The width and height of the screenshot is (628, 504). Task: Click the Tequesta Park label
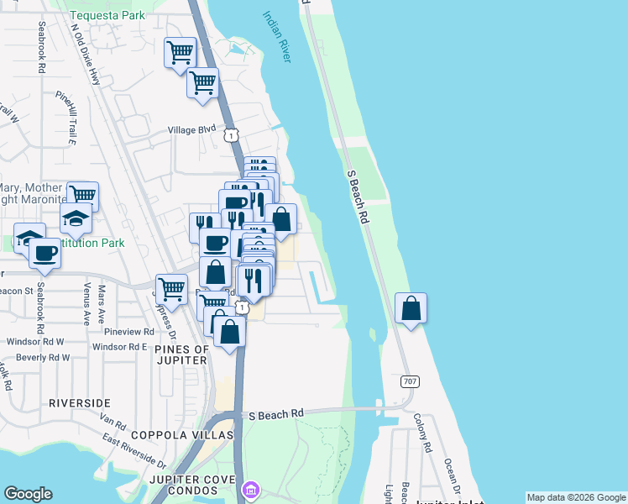coord(107,15)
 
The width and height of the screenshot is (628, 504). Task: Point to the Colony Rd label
coord(427,433)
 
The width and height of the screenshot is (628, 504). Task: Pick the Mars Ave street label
coord(102,300)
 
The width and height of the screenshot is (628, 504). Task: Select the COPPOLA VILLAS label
coord(182,435)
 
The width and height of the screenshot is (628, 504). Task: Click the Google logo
coord(28,494)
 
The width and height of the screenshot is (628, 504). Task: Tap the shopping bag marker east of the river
coord(411,308)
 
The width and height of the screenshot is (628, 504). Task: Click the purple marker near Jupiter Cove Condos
coord(250,489)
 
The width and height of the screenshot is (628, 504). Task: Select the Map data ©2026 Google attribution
coord(575,497)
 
